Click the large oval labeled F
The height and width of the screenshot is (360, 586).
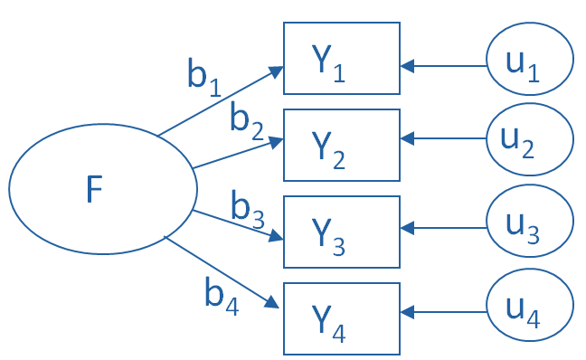click(102, 189)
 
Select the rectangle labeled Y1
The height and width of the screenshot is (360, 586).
click(342, 59)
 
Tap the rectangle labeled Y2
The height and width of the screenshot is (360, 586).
click(342, 145)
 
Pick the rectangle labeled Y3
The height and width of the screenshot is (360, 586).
click(342, 232)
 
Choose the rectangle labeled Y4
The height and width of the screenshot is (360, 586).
click(342, 318)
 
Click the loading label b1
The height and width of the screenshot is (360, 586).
click(203, 76)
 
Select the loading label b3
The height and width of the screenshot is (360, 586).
click(246, 209)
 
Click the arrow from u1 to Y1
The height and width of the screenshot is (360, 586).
click(443, 65)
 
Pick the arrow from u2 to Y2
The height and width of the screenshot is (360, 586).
click(443, 139)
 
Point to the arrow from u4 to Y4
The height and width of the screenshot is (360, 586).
click(443, 312)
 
